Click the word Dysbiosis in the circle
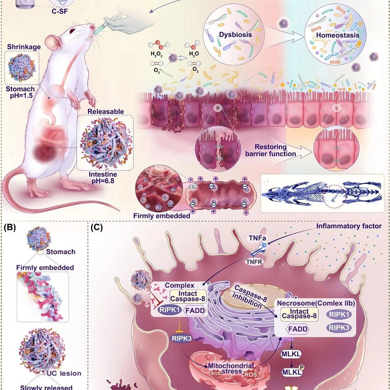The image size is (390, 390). pyautogui.click(x=235, y=34)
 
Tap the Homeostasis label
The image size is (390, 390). pyautogui.click(x=338, y=35)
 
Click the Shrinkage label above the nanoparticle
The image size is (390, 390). pyautogui.click(x=24, y=47)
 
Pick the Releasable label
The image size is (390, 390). pyautogui.click(x=105, y=112)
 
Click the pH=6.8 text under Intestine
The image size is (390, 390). pyautogui.click(x=103, y=181)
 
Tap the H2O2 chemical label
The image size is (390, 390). pyautogui.click(x=157, y=55)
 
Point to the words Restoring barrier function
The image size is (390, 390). pyautogui.click(x=271, y=150)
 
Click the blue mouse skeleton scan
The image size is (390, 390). pyautogui.click(x=322, y=193)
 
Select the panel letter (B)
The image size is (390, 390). pyautogui.click(x=9, y=228)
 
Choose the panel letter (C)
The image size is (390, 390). pyautogui.click(x=97, y=228)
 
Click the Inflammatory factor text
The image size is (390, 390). pyautogui.click(x=349, y=226)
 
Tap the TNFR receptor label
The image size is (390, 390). pyautogui.click(x=254, y=261)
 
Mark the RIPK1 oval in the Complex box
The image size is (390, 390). pyautogui.click(x=169, y=310)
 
